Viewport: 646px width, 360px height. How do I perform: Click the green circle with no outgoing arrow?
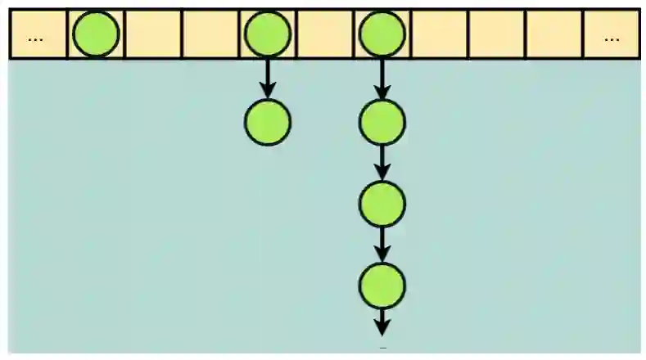tap(96, 34)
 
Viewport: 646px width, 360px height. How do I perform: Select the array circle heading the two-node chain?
tap(267, 34)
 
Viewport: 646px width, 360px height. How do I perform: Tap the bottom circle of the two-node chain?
tap(267, 123)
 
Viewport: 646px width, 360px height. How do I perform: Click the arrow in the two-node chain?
tap(267, 79)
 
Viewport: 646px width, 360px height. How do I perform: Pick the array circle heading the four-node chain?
tap(382, 34)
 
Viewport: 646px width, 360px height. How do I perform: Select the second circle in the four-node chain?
tap(382, 123)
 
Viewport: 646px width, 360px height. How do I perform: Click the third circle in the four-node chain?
tap(382, 203)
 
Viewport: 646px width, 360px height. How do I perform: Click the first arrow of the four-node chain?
tap(382, 79)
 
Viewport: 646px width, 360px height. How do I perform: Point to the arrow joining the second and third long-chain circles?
tap(382, 163)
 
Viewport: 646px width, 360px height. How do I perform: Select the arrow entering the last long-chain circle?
tap(382, 243)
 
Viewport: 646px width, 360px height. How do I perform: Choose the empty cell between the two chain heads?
tap(325, 34)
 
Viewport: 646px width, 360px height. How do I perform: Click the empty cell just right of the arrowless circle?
tap(152, 34)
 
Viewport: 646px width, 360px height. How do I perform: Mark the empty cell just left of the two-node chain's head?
tap(210, 34)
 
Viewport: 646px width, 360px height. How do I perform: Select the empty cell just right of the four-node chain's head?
tap(439, 34)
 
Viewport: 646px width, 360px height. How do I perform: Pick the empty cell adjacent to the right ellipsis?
tap(553, 34)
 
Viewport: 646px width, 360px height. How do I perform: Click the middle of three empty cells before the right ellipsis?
tap(496, 34)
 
